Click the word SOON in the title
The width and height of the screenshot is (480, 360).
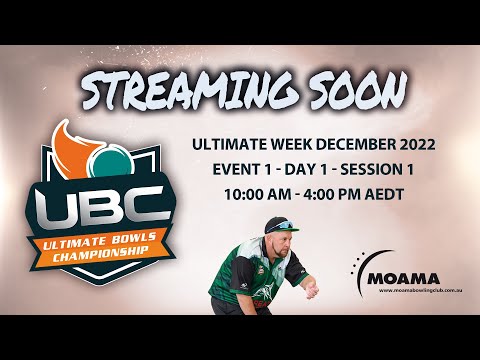tap(349, 94)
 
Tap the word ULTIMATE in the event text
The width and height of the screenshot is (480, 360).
tap(229, 145)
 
